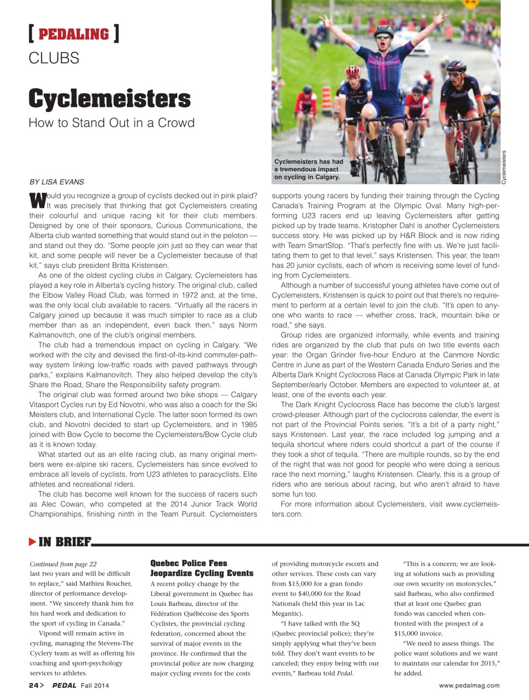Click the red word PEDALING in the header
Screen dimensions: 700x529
click(74, 34)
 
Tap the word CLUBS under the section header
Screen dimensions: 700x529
click(54, 58)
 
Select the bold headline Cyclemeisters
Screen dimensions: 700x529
click(109, 98)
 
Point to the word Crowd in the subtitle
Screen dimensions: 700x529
click(176, 122)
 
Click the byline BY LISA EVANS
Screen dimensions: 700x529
click(56, 182)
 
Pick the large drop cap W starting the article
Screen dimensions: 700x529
click(37, 201)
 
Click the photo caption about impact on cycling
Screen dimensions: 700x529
click(308, 169)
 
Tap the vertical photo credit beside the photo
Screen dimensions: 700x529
click(504, 167)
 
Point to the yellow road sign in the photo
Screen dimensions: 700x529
click(469, 4)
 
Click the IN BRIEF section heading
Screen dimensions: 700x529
click(65, 542)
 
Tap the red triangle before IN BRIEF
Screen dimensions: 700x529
click(32, 542)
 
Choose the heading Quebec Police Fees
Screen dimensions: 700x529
click(188, 563)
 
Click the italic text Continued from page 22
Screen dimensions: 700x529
click(63, 564)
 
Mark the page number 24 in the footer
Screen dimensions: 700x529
click(33, 685)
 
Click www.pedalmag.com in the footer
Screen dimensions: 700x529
click(469, 685)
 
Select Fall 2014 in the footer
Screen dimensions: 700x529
click(95, 685)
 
